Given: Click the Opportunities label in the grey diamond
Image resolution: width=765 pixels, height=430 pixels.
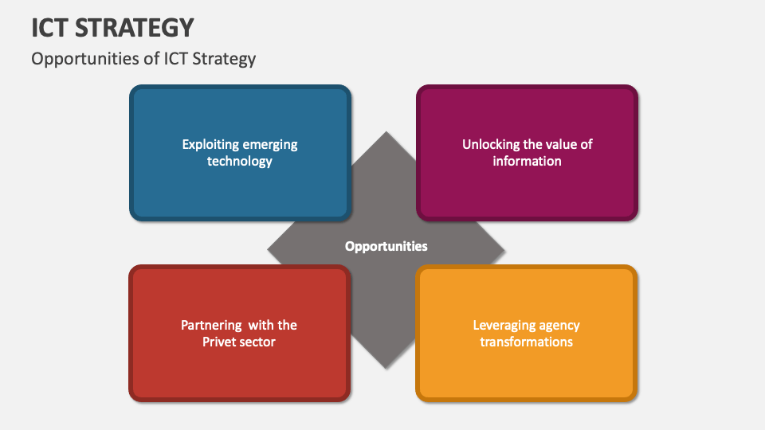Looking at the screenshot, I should pyautogui.click(x=386, y=247).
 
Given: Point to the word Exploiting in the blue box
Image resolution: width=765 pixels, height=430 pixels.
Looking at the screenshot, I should pyautogui.click(x=210, y=145).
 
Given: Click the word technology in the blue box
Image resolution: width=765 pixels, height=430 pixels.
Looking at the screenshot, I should pyautogui.click(x=240, y=162).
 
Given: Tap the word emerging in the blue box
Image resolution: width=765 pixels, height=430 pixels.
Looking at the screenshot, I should pyautogui.click(x=270, y=145).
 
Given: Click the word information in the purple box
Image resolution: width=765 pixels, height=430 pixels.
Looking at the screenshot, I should pyautogui.click(x=527, y=162).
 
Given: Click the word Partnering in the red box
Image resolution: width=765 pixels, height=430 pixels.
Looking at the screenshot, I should pyautogui.click(x=210, y=325).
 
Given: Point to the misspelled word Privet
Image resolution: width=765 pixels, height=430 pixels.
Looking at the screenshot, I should pyautogui.click(x=222, y=342).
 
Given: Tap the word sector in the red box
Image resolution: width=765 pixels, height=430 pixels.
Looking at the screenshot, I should pyautogui.click(x=258, y=342).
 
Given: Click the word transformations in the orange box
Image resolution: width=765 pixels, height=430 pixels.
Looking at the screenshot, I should pyautogui.click(x=526, y=342).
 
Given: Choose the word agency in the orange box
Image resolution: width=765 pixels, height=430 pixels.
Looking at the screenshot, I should pyautogui.click(x=560, y=325).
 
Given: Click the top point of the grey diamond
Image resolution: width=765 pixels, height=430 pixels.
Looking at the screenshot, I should pyautogui.click(x=386, y=133).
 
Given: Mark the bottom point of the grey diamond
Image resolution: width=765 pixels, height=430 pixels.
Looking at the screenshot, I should pyautogui.click(x=386, y=367).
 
